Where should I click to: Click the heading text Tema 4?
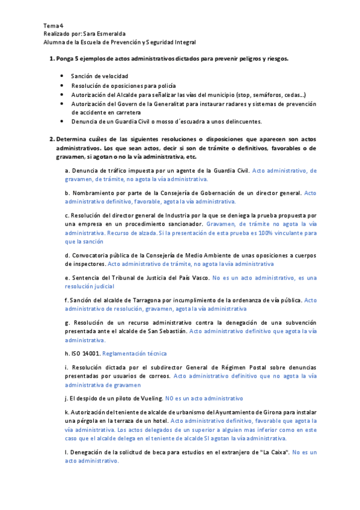(53, 26)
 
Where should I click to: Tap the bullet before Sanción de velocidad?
(63, 76)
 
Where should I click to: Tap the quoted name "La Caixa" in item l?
(272, 452)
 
